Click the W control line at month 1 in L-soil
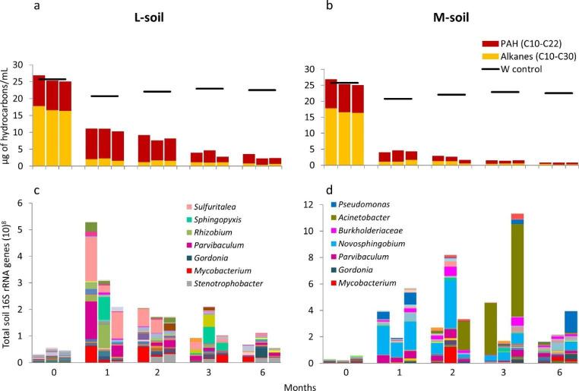click(x=105, y=96)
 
